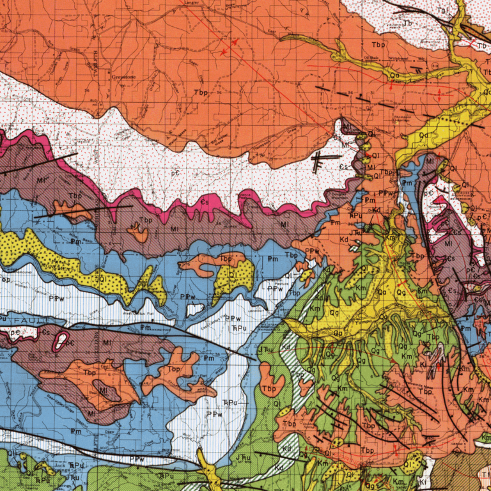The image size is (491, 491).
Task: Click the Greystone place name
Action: [x=124, y=77]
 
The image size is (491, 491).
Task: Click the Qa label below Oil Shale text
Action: [x=394, y=75]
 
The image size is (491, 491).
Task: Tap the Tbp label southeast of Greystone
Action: [x=201, y=93]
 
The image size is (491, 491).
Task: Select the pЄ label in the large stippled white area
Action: [x=174, y=173]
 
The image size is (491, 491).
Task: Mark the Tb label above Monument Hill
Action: [x=407, y=24]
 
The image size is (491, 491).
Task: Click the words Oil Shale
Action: [x=371, y=57]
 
